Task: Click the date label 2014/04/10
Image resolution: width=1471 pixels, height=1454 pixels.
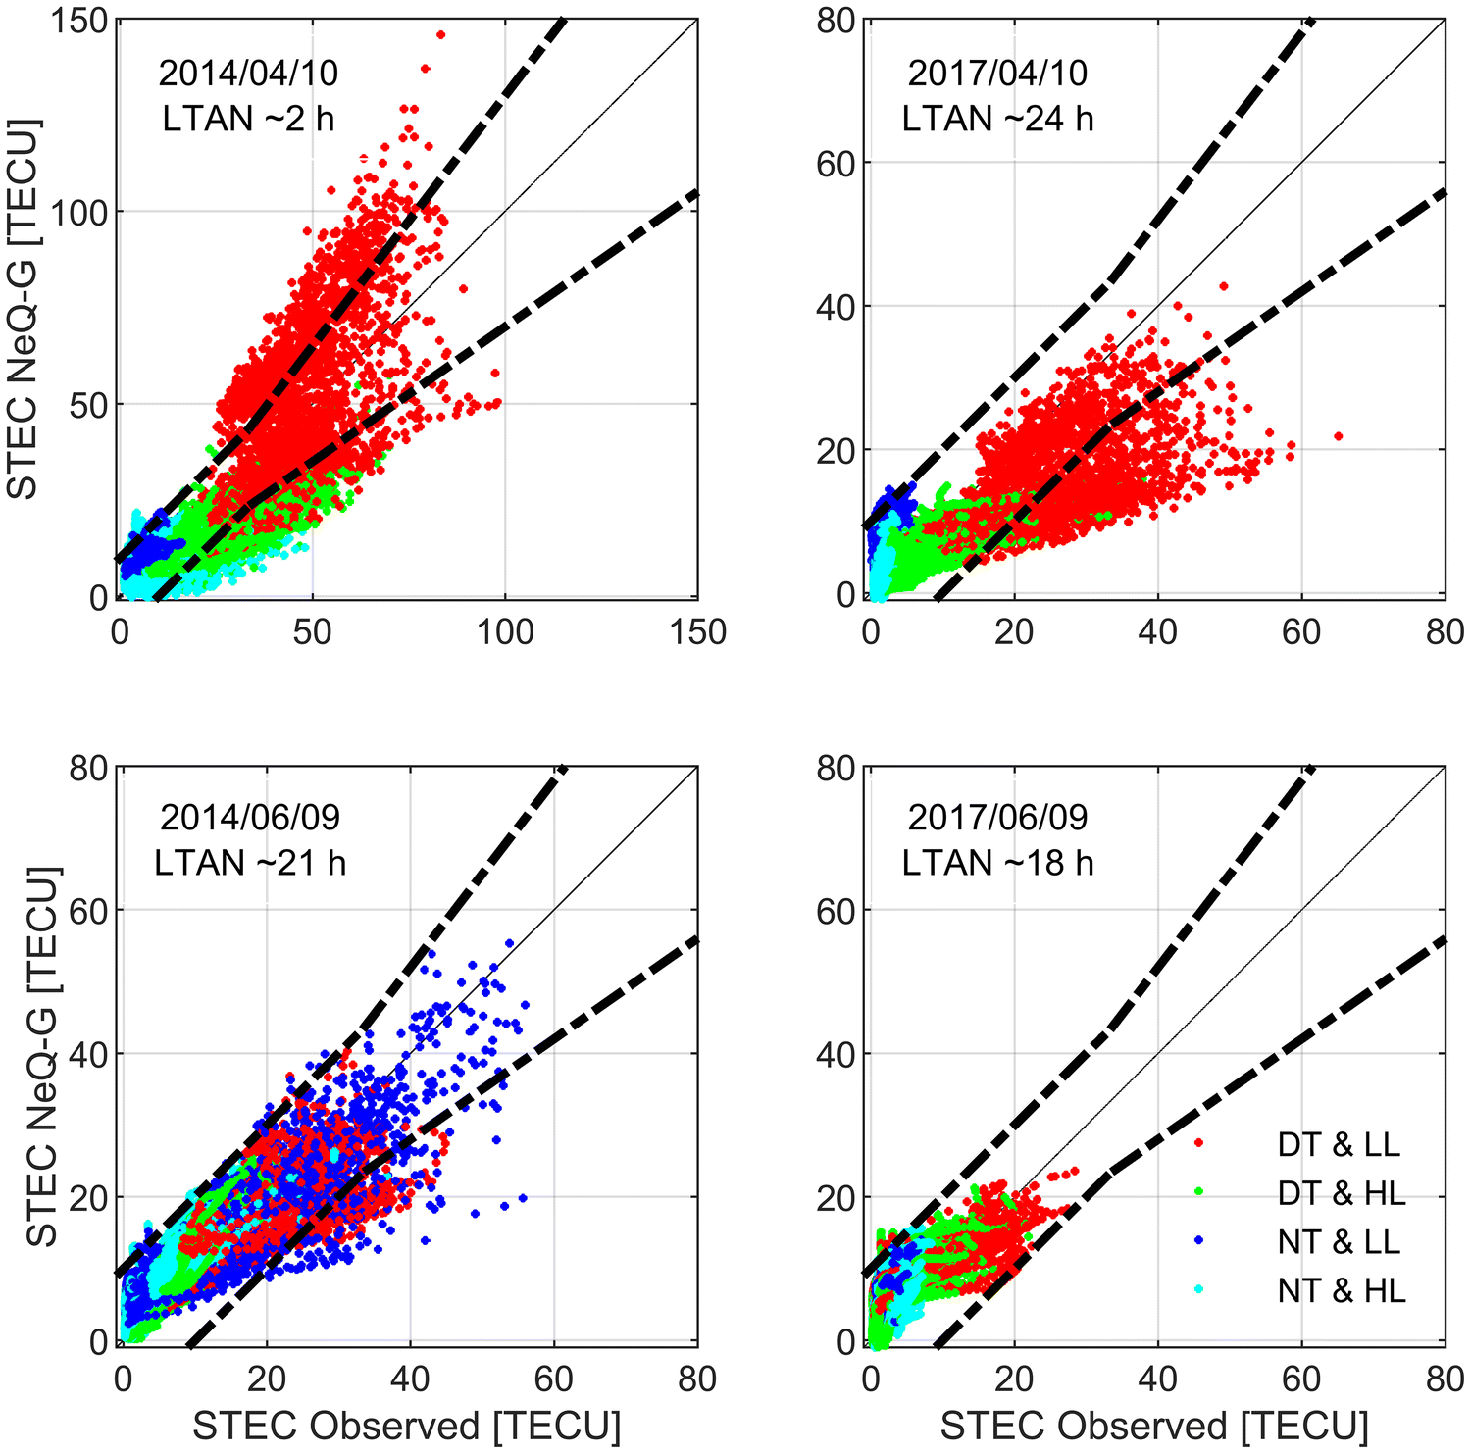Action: click(248, 73)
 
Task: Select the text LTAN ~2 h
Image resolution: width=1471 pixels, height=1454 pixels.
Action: click(248, 119)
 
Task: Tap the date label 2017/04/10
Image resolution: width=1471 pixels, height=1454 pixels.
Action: click(997, 73)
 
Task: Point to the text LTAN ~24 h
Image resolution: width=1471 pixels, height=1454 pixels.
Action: click(997, 119)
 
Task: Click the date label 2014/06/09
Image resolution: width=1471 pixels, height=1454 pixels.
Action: click(250, 817)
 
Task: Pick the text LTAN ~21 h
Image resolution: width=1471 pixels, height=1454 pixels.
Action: click(250, 863)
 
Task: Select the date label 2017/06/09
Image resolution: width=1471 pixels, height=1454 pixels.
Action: click(997, 817)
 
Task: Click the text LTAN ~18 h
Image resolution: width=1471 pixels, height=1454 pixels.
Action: click(997, 863)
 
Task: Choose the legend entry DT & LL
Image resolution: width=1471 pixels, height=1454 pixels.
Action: click(1339, 1144)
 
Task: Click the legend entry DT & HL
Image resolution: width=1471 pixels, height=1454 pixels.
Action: click(1341, 1192)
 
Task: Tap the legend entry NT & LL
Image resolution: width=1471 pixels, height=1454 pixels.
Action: click(1339, 1241)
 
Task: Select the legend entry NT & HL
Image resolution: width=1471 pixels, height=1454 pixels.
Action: click(1341, 1290)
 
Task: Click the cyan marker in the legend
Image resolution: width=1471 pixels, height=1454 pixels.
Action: click(1199, 1290)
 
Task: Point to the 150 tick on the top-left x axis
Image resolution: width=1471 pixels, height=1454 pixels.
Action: click(697, 632)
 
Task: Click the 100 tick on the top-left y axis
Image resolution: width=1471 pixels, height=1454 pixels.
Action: click(82, 212)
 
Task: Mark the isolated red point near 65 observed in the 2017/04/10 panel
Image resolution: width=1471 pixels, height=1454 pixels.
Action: click(1339, 436)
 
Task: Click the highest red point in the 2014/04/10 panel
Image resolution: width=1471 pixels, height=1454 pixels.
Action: click(440, 34)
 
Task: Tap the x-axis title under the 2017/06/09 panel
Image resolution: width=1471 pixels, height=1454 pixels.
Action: click(1154, 1426)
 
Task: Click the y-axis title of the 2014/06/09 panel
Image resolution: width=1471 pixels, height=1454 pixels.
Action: click(41, 1056)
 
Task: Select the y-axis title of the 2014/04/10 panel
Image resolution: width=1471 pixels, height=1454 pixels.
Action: click(24, 309)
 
